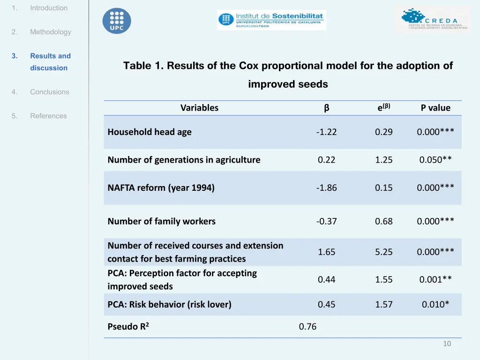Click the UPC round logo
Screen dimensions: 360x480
click(x=117, y=21)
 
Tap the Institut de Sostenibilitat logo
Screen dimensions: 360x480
click(x=271, y=20)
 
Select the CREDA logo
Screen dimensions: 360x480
click(x=432, y=20)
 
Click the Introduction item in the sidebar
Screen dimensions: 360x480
click(x=49, y=8)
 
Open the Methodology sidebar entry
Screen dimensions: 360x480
click(x=51, y=32)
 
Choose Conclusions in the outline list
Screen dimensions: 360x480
click(x=49, y=92)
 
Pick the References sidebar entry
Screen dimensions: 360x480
click(x=48, y=116)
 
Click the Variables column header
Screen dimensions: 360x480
click(x=199, y=108)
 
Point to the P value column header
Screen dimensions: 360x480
click(x=435, y=108)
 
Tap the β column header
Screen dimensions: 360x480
click(x=326, y=108)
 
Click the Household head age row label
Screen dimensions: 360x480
click(x=150, y=132)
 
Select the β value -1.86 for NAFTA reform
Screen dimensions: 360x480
click(x=326, y=187)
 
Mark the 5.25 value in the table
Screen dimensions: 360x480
click(x=383, y=252)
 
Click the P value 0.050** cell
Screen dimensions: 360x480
click(x=435, y=160)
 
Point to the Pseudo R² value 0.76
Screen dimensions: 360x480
click(x=307, y=327)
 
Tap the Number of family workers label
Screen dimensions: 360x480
click(x=161, y=221)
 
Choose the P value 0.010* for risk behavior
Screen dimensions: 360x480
click(x=435, y=304)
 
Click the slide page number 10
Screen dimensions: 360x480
click(x=447, y=344)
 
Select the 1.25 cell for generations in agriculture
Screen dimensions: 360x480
click(x=383, y=160)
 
